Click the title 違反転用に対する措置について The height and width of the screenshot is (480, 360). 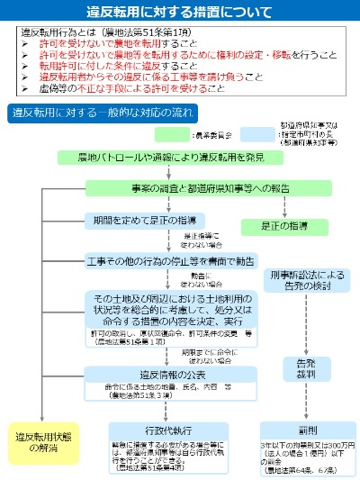coord(180,13)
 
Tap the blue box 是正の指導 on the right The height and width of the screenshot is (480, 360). coord(288,225)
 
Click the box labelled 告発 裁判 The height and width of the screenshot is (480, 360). coord(305,369)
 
